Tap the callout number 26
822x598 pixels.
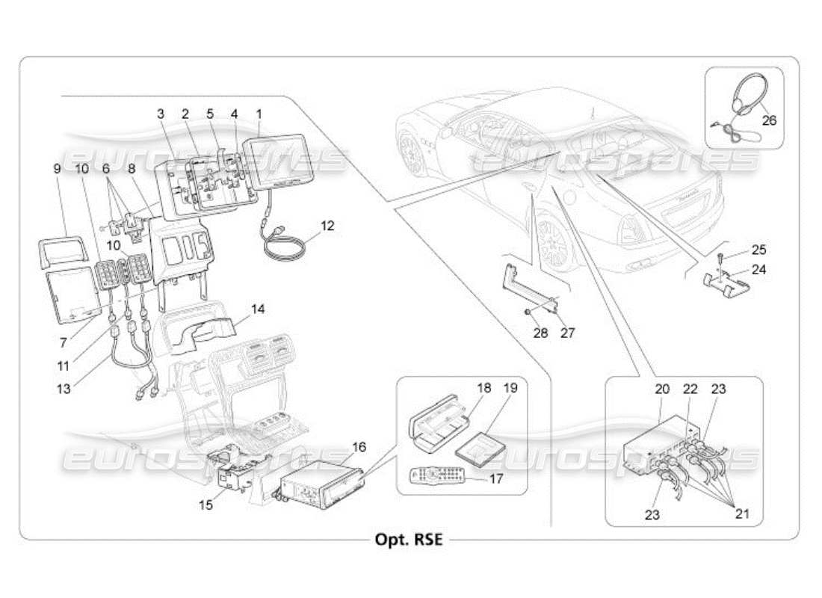769,119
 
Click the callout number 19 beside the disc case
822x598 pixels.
510,389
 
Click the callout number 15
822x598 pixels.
205,505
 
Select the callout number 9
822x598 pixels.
57,169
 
